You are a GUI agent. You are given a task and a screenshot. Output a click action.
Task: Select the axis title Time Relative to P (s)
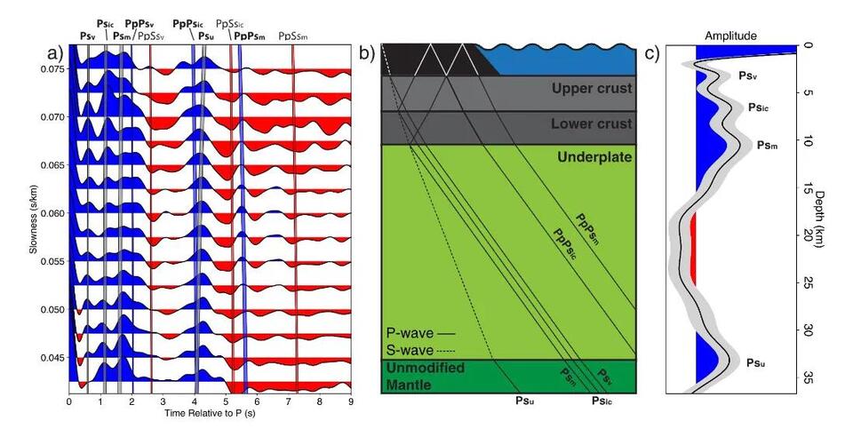(x=211, y=413)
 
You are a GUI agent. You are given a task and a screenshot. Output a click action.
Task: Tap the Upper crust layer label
(x=592, y=89)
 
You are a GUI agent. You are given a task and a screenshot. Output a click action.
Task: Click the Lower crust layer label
(x=592, y=124)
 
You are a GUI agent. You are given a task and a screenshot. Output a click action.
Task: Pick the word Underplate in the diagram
(x=594, y=157)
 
